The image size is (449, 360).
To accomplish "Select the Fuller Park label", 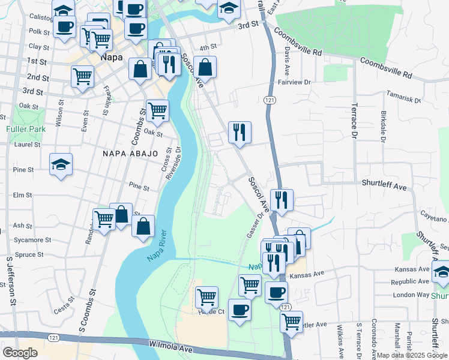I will [22, 129].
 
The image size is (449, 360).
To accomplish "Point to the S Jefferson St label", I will [10, 281].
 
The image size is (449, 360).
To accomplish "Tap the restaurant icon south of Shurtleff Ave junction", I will [281, 199].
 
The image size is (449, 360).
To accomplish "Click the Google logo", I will [19, 353].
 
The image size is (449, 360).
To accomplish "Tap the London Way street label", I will [411, 295].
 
